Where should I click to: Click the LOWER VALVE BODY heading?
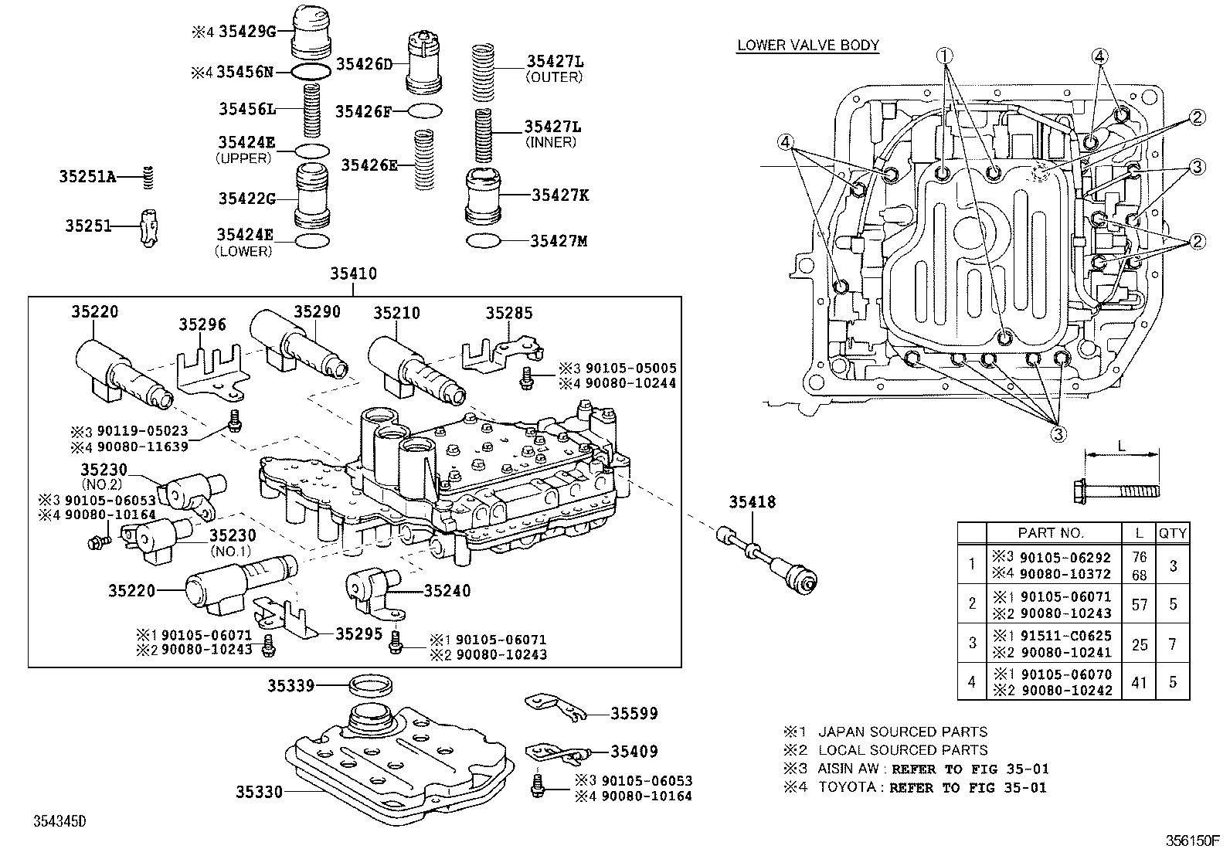(807, 45)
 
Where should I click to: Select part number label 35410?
(353, 273)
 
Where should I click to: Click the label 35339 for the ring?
(291, 685)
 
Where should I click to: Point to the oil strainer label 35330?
(260, 792)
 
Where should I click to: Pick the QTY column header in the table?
(1172, 532)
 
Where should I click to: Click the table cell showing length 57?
(1139, 604)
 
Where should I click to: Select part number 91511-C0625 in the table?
(1065, 636)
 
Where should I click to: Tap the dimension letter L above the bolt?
(1121, 446)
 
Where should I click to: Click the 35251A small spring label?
(87, 178)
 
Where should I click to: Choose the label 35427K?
(559, 195)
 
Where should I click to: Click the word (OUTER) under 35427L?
(553, 77)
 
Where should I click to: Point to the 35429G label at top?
(246, 32)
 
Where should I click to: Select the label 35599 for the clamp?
(634, 714)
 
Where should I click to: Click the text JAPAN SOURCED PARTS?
(902, 732)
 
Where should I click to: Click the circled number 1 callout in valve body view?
(946, 55)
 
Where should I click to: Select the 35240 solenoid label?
(447, 591)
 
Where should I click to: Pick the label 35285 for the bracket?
(509, 313)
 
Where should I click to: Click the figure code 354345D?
(59, 820)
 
